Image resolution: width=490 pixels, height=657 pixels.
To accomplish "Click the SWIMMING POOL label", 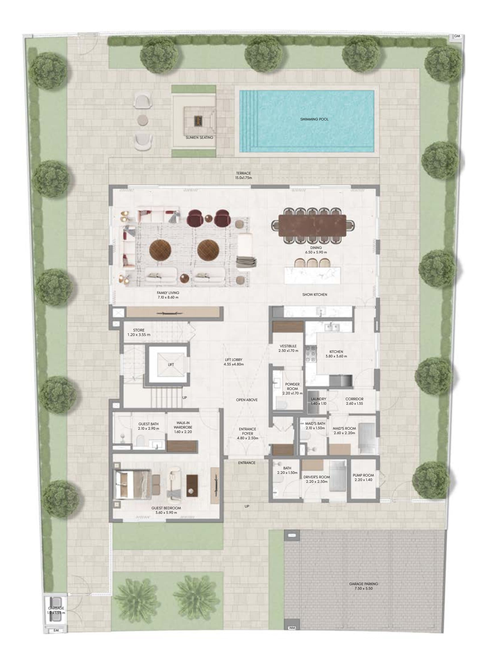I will click(x=314, y=119).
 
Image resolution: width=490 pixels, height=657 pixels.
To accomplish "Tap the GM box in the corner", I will click(x=457, y=36).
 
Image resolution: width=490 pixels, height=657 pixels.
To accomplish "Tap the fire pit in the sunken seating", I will click(x=198, y=120).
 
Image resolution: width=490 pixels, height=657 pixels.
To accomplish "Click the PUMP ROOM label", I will click(x=363, y=475).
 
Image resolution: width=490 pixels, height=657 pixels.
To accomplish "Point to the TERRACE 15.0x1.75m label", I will click(x=243, y=176).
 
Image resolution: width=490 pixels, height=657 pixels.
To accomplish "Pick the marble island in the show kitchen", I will click(x=312, y=276).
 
